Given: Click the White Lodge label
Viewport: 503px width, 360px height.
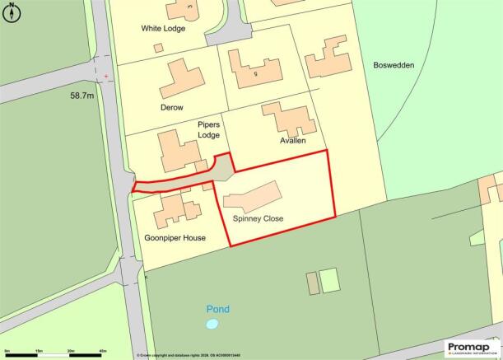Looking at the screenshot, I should [x=163, y=28].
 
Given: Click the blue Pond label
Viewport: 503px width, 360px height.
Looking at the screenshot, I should [x=218, y=310].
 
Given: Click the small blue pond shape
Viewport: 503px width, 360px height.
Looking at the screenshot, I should [x=212, y=325].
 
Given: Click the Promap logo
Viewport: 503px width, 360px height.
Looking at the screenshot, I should [x=472, y=347].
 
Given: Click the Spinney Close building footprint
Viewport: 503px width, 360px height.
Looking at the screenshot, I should [x=251, y=195].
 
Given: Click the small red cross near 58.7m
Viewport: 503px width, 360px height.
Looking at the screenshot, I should [x=105, y=77].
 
